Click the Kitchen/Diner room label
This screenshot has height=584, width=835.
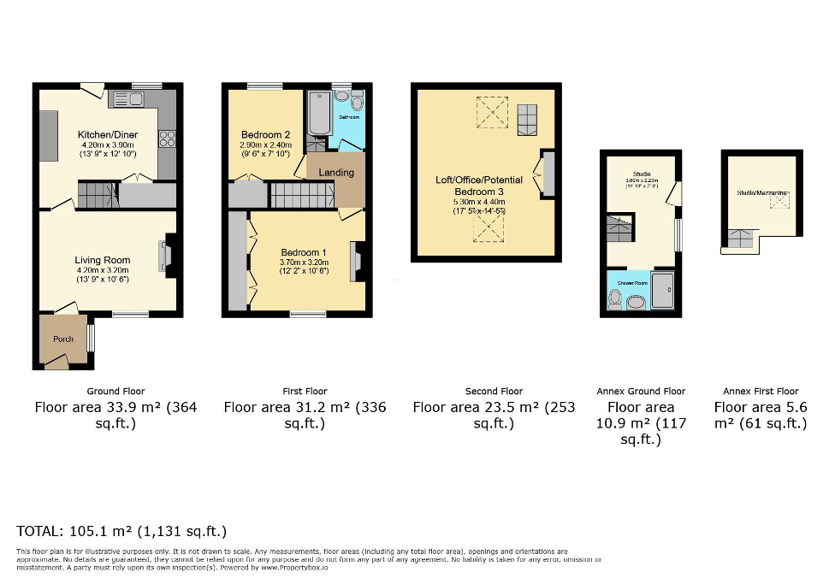point(106,135)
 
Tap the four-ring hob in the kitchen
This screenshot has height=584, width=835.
point(166,139)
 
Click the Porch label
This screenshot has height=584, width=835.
point(63,339)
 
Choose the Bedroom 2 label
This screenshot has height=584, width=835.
point(265,135)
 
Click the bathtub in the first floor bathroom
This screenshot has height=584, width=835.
point(317,114)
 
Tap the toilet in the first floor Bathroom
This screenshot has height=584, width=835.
point(356,103)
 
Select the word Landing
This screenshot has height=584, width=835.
point(336,173)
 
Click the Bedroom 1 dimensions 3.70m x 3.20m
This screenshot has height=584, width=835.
point(303,262)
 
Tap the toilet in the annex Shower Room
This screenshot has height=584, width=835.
point(614,298)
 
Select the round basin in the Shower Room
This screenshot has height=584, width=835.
point(636,301)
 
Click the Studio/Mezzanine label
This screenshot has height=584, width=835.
point(761,194)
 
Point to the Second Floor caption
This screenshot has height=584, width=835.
point(494,392)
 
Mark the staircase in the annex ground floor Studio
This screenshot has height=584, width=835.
point(619,229)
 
